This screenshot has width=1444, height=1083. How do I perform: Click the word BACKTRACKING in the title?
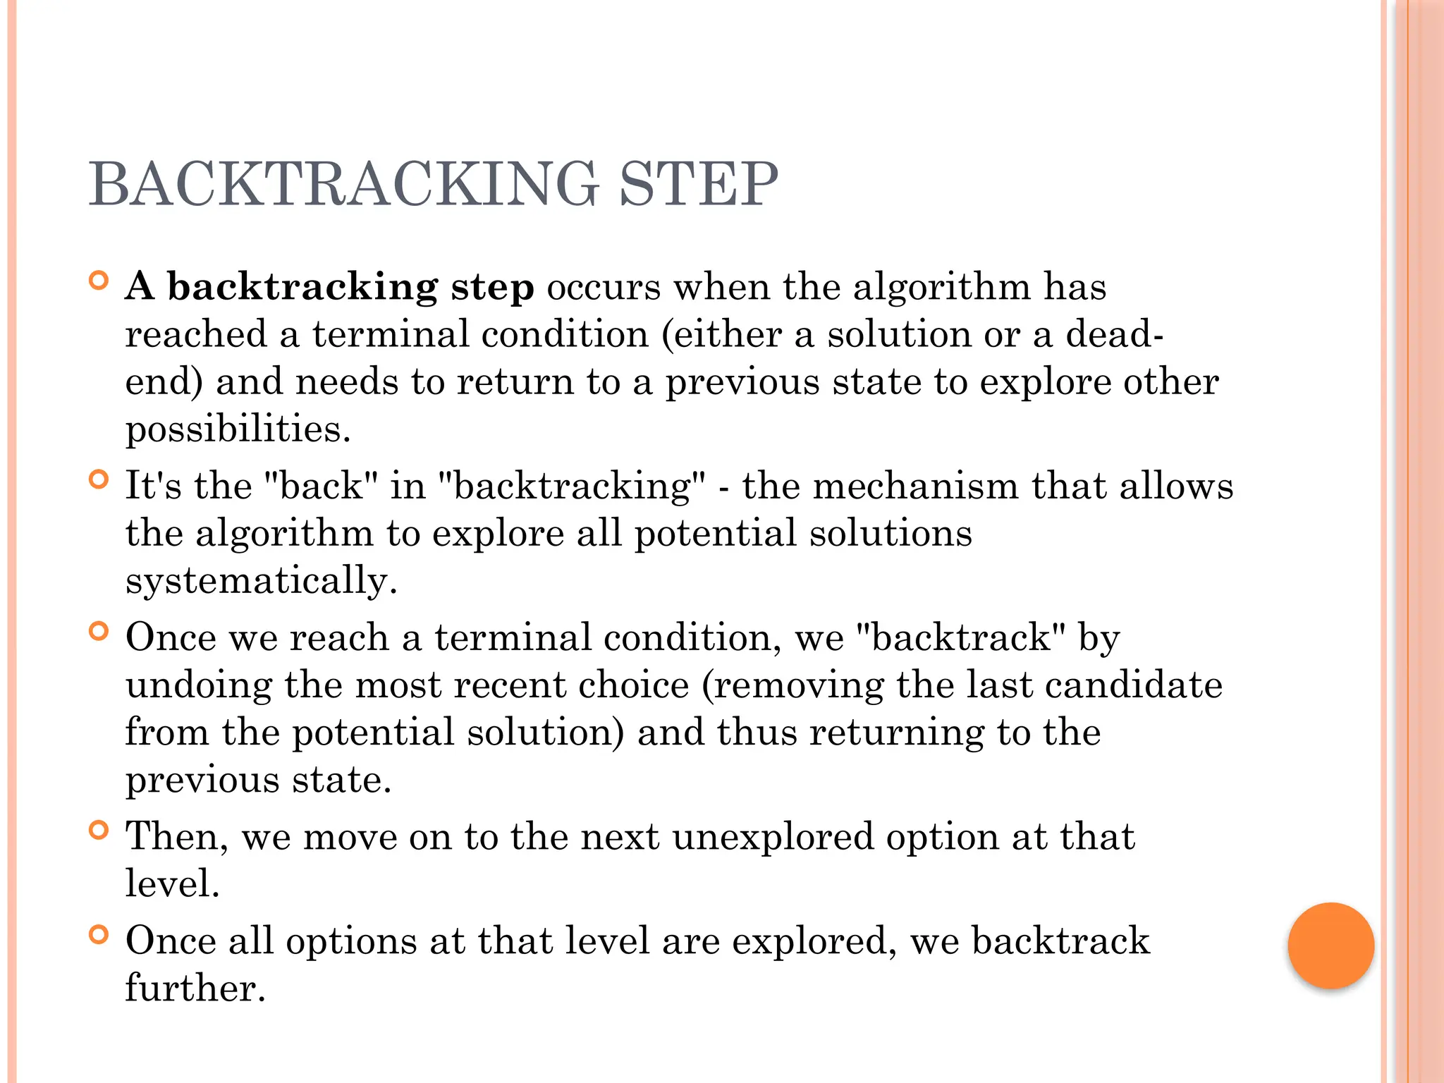coord(343,184)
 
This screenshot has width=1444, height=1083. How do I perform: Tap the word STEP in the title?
coord(698,184)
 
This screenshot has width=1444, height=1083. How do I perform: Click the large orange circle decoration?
coord(1330,946)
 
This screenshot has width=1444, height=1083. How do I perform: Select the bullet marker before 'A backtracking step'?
coord(99,281)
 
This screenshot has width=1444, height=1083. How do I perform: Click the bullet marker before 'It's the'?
coord(99,480)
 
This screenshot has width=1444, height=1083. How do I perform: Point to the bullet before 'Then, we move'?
coord(99,831)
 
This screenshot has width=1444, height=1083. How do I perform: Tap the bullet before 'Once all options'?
coord(99,935)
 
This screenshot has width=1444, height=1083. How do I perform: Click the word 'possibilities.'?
coord(238,430)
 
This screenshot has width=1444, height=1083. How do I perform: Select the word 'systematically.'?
coord(262,581)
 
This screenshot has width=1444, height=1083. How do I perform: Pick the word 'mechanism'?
coord(916,486)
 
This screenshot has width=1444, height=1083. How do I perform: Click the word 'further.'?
coord(195,988)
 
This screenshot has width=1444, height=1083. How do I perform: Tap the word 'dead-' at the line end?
coord(1114,334)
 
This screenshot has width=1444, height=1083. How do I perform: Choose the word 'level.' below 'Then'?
coord(173,883)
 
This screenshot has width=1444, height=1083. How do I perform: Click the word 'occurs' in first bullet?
coord(604,287)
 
